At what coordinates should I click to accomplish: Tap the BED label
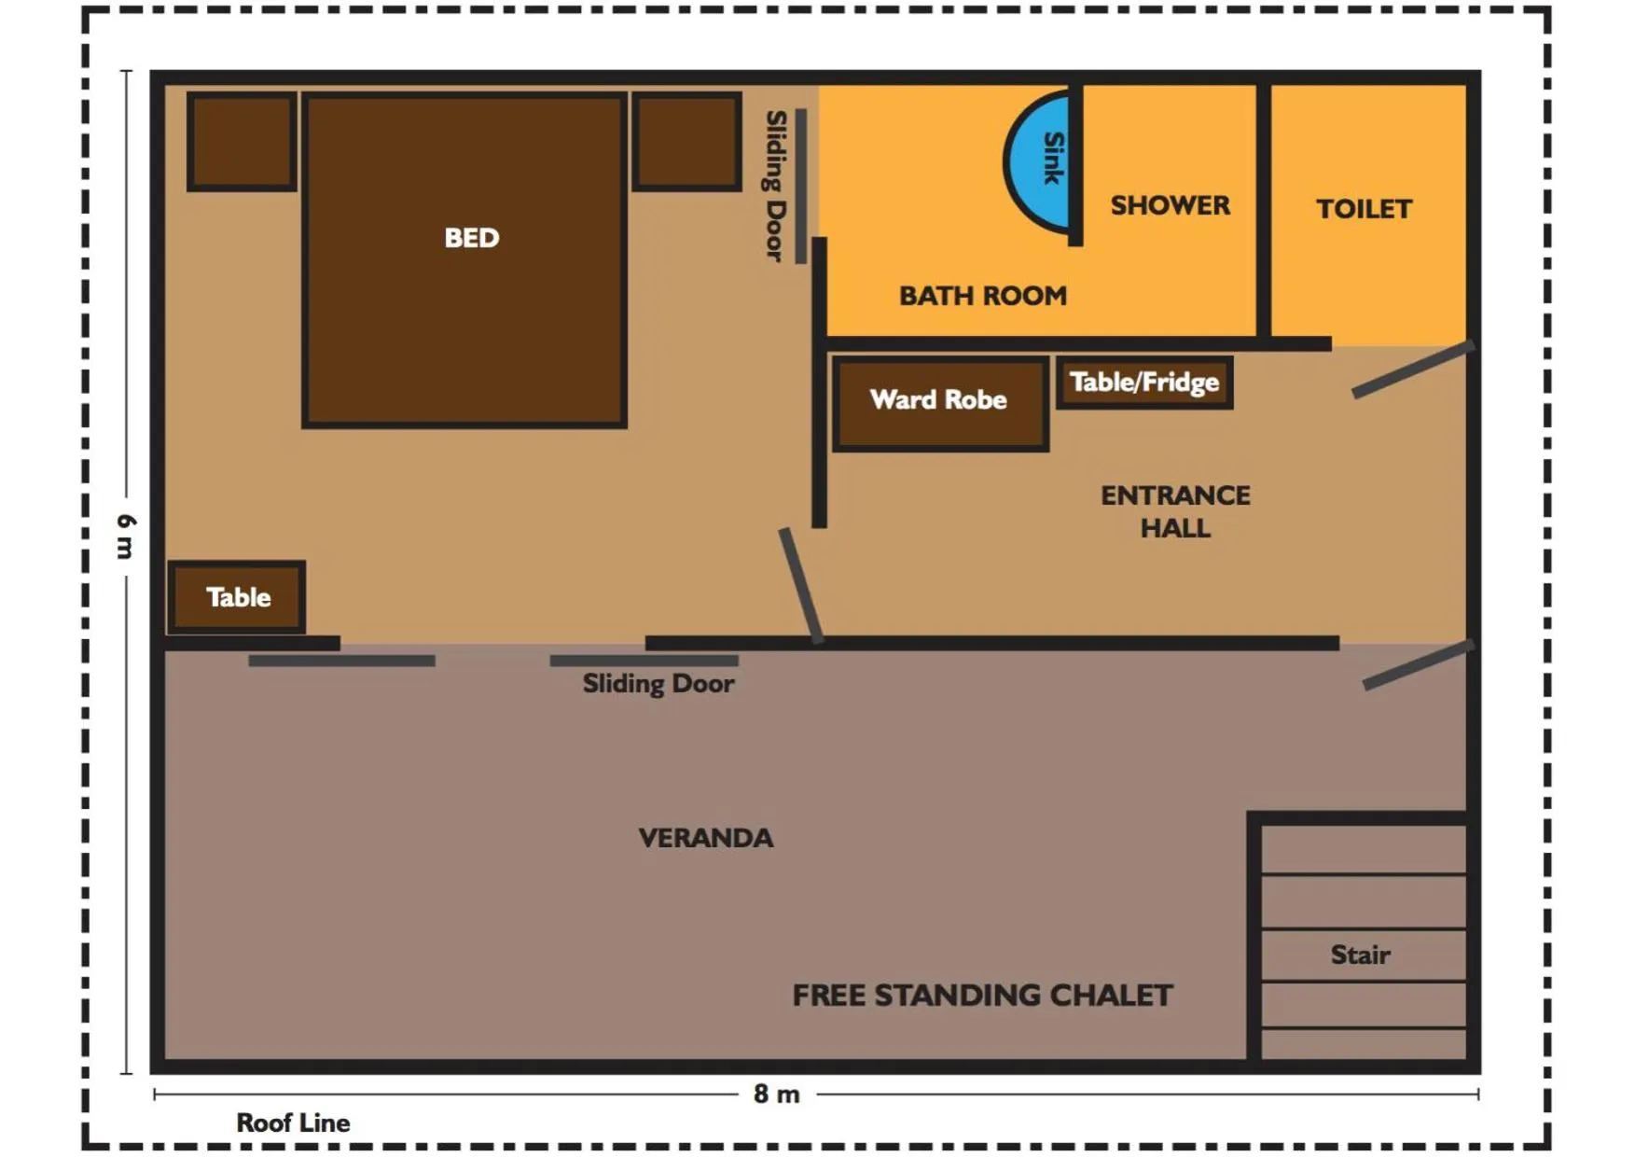471,238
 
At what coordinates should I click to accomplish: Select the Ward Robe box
939,401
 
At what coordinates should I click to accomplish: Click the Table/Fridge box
1144,383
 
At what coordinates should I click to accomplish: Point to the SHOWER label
1170,205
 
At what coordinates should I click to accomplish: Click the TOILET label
1364,209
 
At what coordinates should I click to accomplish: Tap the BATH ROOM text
982,296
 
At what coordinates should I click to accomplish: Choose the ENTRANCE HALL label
1175,511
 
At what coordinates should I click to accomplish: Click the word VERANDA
706,838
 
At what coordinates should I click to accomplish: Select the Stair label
1360,955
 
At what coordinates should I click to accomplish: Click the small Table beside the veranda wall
237,597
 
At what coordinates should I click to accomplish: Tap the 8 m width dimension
777,1094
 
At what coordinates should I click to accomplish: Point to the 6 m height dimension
126,536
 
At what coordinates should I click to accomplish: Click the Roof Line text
293,1122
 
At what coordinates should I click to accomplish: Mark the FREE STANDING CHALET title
982,996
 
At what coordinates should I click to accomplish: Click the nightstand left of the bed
242,142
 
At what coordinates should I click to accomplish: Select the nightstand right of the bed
687,142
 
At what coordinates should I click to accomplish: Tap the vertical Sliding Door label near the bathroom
775,186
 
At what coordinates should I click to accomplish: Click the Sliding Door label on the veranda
658,684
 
